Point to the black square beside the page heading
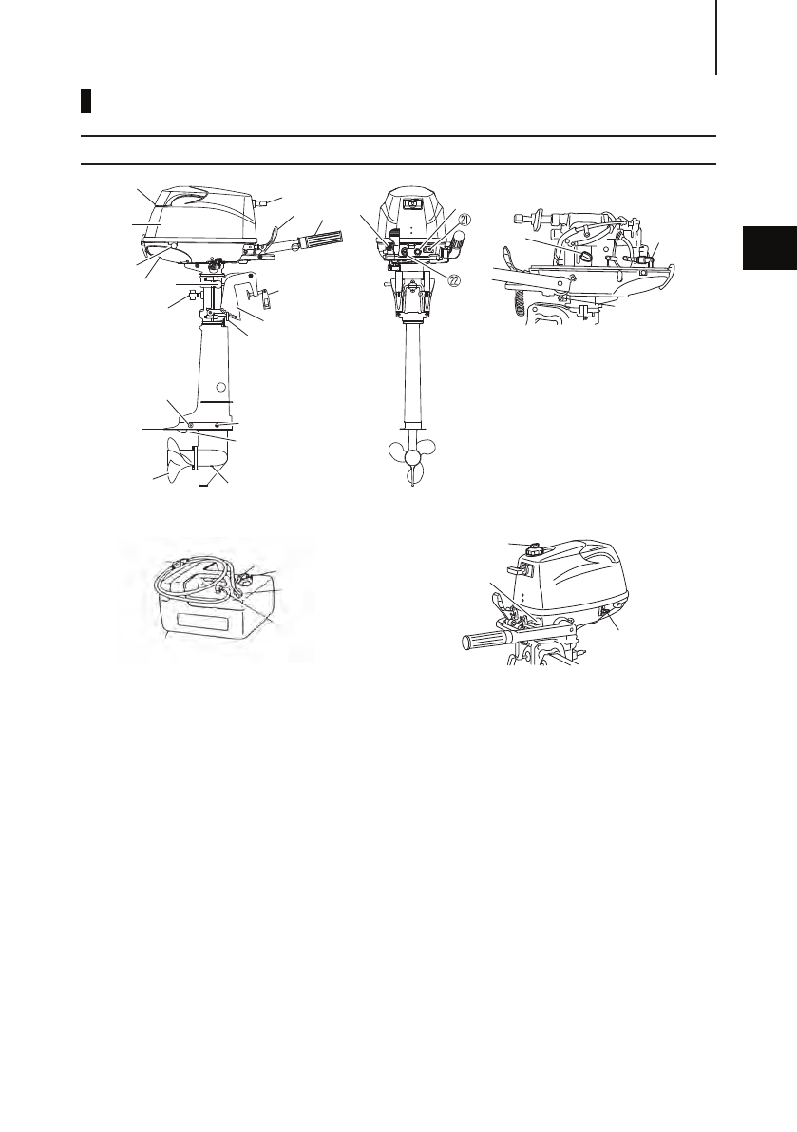(x=85, y=102)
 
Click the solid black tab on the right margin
(x=768, y=249)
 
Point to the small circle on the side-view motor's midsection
(x=221, y=387)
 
